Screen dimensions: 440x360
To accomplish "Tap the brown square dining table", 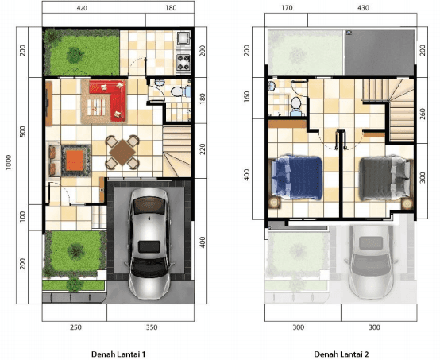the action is (x=122, y=153).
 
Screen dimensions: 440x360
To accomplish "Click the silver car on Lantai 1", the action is (x=149, y=242).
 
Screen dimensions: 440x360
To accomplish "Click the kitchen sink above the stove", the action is (x=183, y=39).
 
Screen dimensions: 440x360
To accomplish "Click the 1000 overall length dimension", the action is (x=9, y=162).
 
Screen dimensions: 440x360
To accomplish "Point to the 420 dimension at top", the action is (x=82, y=8).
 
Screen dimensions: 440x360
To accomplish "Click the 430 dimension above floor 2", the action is (x=363, y=8).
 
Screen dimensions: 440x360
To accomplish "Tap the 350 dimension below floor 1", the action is (x=152, y=327).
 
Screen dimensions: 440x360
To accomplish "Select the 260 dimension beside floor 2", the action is (x=423, y=114).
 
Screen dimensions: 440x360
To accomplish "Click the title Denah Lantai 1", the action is (x=118, y=354).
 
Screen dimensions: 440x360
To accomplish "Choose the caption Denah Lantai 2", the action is (x=342, y=354).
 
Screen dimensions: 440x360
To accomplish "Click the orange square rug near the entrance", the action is (x=75, y=161).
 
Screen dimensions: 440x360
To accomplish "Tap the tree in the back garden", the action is (x=75, y=55).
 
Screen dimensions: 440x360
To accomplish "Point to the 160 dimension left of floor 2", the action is (x=246, y=97).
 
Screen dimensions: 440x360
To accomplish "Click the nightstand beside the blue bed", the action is (x=275, y=203).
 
